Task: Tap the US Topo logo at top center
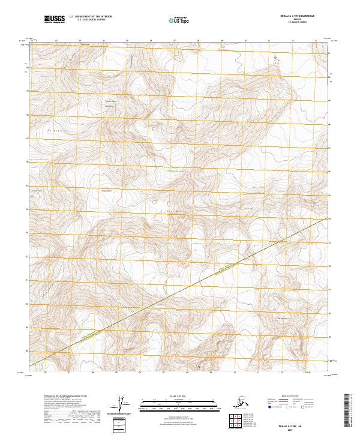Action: pyautogui.click(x=176, y=20)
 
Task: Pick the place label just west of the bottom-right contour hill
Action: pyautogui.click(x=283, y=317)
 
